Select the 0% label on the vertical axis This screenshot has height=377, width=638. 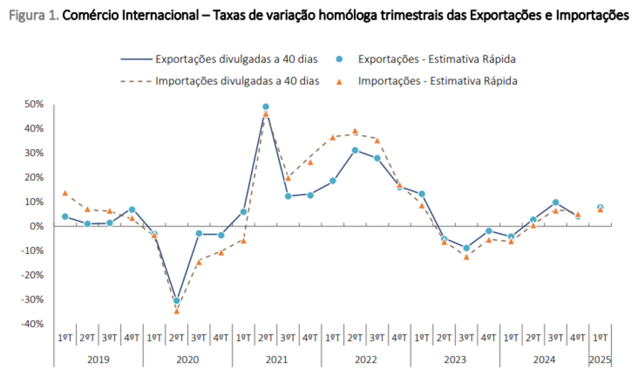click(38, 226)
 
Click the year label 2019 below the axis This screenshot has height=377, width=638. click(98, 359)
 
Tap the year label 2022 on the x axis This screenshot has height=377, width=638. click(365, 359)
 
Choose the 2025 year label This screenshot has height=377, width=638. click(600, 359)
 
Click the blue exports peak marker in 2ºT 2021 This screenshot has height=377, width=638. click(266, 106)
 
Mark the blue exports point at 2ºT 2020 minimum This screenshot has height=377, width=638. click(177, 300)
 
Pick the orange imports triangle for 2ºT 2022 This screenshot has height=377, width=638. click(354, 131)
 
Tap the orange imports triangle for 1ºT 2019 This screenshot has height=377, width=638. click(65, 192)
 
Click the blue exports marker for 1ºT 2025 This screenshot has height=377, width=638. click(600, 207)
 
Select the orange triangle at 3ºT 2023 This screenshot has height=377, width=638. click(466, 256)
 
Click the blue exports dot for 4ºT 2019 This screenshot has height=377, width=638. click(132, 209)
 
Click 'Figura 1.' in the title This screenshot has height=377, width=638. click(34, 15)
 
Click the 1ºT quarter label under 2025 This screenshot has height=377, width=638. click(600, 338)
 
